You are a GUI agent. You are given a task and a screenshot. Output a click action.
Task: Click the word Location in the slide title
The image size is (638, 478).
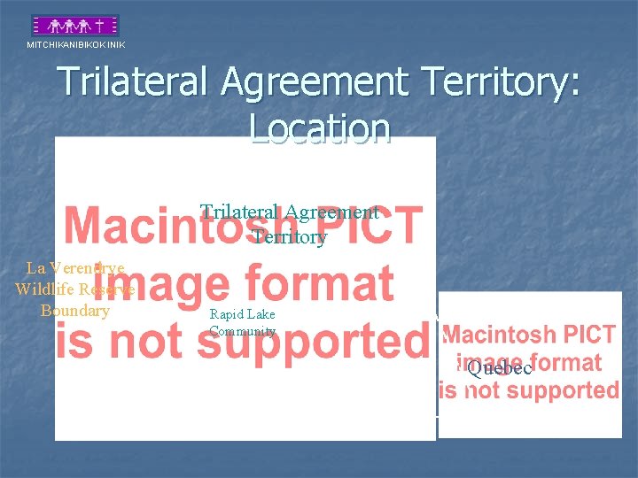pyautogui.click(x=320, y=128)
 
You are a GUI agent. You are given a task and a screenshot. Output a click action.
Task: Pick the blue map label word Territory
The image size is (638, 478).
pyautogui.click(x=290, y=237)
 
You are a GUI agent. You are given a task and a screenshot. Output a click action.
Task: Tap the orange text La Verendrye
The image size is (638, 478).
pyautogui.click(x=75, y=267)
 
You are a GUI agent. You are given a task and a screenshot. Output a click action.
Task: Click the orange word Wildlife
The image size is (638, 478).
pyautogui.click(x=43, y=289)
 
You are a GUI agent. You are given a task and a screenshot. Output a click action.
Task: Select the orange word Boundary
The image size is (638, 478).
pyautogui.click(x=75, y=311)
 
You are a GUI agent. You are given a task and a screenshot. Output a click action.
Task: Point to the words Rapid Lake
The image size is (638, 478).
pyautogui.click(x=242, y=314)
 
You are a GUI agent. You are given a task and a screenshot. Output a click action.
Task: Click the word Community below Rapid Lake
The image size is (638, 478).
pyautogui.click(x=243, y=332)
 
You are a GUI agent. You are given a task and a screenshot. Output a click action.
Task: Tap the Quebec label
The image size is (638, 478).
pyautogui.click(x=499, y=368)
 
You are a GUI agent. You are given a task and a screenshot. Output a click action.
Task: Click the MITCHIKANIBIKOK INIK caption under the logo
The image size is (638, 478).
pyautogui.click(x=76, y=44)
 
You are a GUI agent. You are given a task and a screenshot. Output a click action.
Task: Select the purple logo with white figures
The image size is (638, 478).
pyautogui.click(x=76, y=25)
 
